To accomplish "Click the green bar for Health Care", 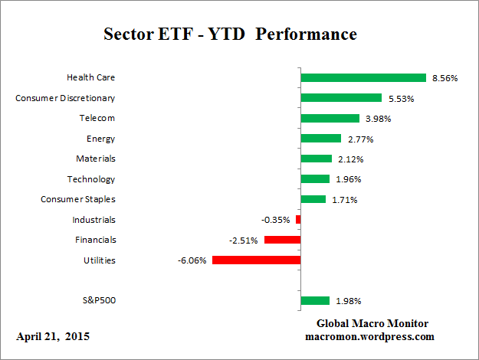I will [363, 77].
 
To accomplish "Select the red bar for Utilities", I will [256, 260].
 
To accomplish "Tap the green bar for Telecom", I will [330, 118].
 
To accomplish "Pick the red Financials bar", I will [282, 240].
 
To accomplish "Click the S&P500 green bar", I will [315, 301].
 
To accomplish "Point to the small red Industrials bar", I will [298, 220].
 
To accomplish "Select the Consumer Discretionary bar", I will [341, 98].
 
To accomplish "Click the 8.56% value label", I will [445, 78].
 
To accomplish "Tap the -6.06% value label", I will [192, 260].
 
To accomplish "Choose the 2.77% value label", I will [359, 139].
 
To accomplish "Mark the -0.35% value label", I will [276, 220].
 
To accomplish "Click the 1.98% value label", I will [348, 301].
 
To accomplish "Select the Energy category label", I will [101, 139].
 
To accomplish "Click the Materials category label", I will [97, 159].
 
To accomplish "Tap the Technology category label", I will [92, 179].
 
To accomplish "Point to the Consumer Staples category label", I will [78, 199].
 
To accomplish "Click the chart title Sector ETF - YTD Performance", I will [230, 35].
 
